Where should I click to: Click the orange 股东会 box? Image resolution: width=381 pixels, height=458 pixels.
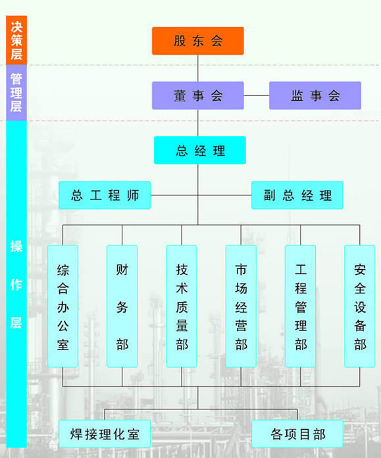click(x=198, y=41)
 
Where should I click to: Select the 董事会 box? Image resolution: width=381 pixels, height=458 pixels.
click(x=198, y=95)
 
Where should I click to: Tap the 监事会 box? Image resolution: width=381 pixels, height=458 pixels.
click(x=315, y=95)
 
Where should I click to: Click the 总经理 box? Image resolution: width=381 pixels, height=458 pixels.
click(x=200, y=150)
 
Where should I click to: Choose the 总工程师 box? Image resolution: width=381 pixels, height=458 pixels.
click(x=105, y=195)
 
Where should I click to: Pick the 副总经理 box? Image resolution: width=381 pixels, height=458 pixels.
click(x=297, y=195)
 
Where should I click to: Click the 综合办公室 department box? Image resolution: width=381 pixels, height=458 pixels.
click(x=63, y=306)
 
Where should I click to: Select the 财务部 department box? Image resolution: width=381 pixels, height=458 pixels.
click(x=122, y=306)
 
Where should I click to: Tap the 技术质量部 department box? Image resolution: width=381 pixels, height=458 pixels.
click(x=182, y=306)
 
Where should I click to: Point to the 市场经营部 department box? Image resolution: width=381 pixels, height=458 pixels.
click(x=241, y=306)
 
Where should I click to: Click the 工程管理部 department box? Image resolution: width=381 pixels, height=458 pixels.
click(x=300, y=306)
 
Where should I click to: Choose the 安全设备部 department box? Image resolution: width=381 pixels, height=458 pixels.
click(x=360, y=306)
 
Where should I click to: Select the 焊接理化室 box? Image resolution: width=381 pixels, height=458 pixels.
click(x=105, y=434)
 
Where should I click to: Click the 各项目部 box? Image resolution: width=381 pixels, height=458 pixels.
click(x=297, y=434)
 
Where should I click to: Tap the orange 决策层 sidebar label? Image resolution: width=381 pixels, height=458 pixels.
click(x=16, y=40)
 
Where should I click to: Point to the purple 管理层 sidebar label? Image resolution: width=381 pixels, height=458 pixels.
click(x=16, y=93)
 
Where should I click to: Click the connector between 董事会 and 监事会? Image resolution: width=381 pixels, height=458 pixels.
click(x=257, y=95)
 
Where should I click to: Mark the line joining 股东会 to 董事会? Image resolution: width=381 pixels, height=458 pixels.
click(x=198, y=68)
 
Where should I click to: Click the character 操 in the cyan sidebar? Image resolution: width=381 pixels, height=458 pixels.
click(x=16, y=246)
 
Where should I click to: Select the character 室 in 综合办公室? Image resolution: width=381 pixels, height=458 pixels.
click(x=63, y=345)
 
